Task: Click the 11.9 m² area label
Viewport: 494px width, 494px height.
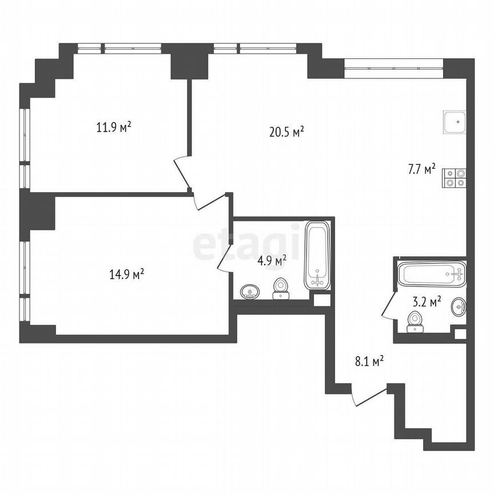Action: [x=114, y=127]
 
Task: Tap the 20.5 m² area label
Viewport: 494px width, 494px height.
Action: [x=286, y=133]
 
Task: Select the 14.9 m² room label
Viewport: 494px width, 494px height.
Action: [x=126, y=275]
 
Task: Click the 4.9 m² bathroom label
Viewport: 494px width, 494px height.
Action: [x=272, y=261]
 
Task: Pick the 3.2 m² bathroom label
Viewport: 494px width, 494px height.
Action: [x=427, y=302]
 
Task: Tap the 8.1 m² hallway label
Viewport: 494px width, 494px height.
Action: [x=368, y=361]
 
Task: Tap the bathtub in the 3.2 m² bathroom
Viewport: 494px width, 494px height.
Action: [x=432, y=274]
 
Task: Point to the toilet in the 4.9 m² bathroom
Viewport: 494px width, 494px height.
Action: [x=280, y=288]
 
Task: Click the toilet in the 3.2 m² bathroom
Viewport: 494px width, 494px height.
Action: [x=415, y=321]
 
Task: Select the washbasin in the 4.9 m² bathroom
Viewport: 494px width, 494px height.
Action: [x=249, y=292]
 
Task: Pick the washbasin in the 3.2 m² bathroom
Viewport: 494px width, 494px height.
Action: [x=459, y=307]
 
